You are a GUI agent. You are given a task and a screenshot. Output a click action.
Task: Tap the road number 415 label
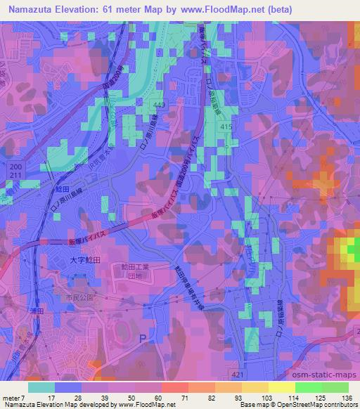[x=225, y=126]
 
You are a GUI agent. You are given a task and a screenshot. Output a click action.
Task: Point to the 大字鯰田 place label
[x=85, y=260]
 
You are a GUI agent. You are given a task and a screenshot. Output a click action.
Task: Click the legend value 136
[x=345, y=398]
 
